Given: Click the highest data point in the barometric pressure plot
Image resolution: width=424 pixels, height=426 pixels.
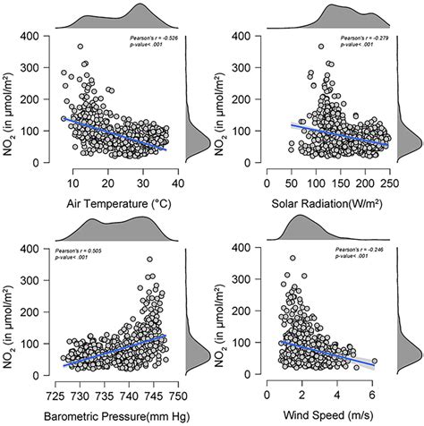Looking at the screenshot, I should (149, 260).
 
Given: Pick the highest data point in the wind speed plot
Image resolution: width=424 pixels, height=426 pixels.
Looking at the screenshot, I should (292, 259).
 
